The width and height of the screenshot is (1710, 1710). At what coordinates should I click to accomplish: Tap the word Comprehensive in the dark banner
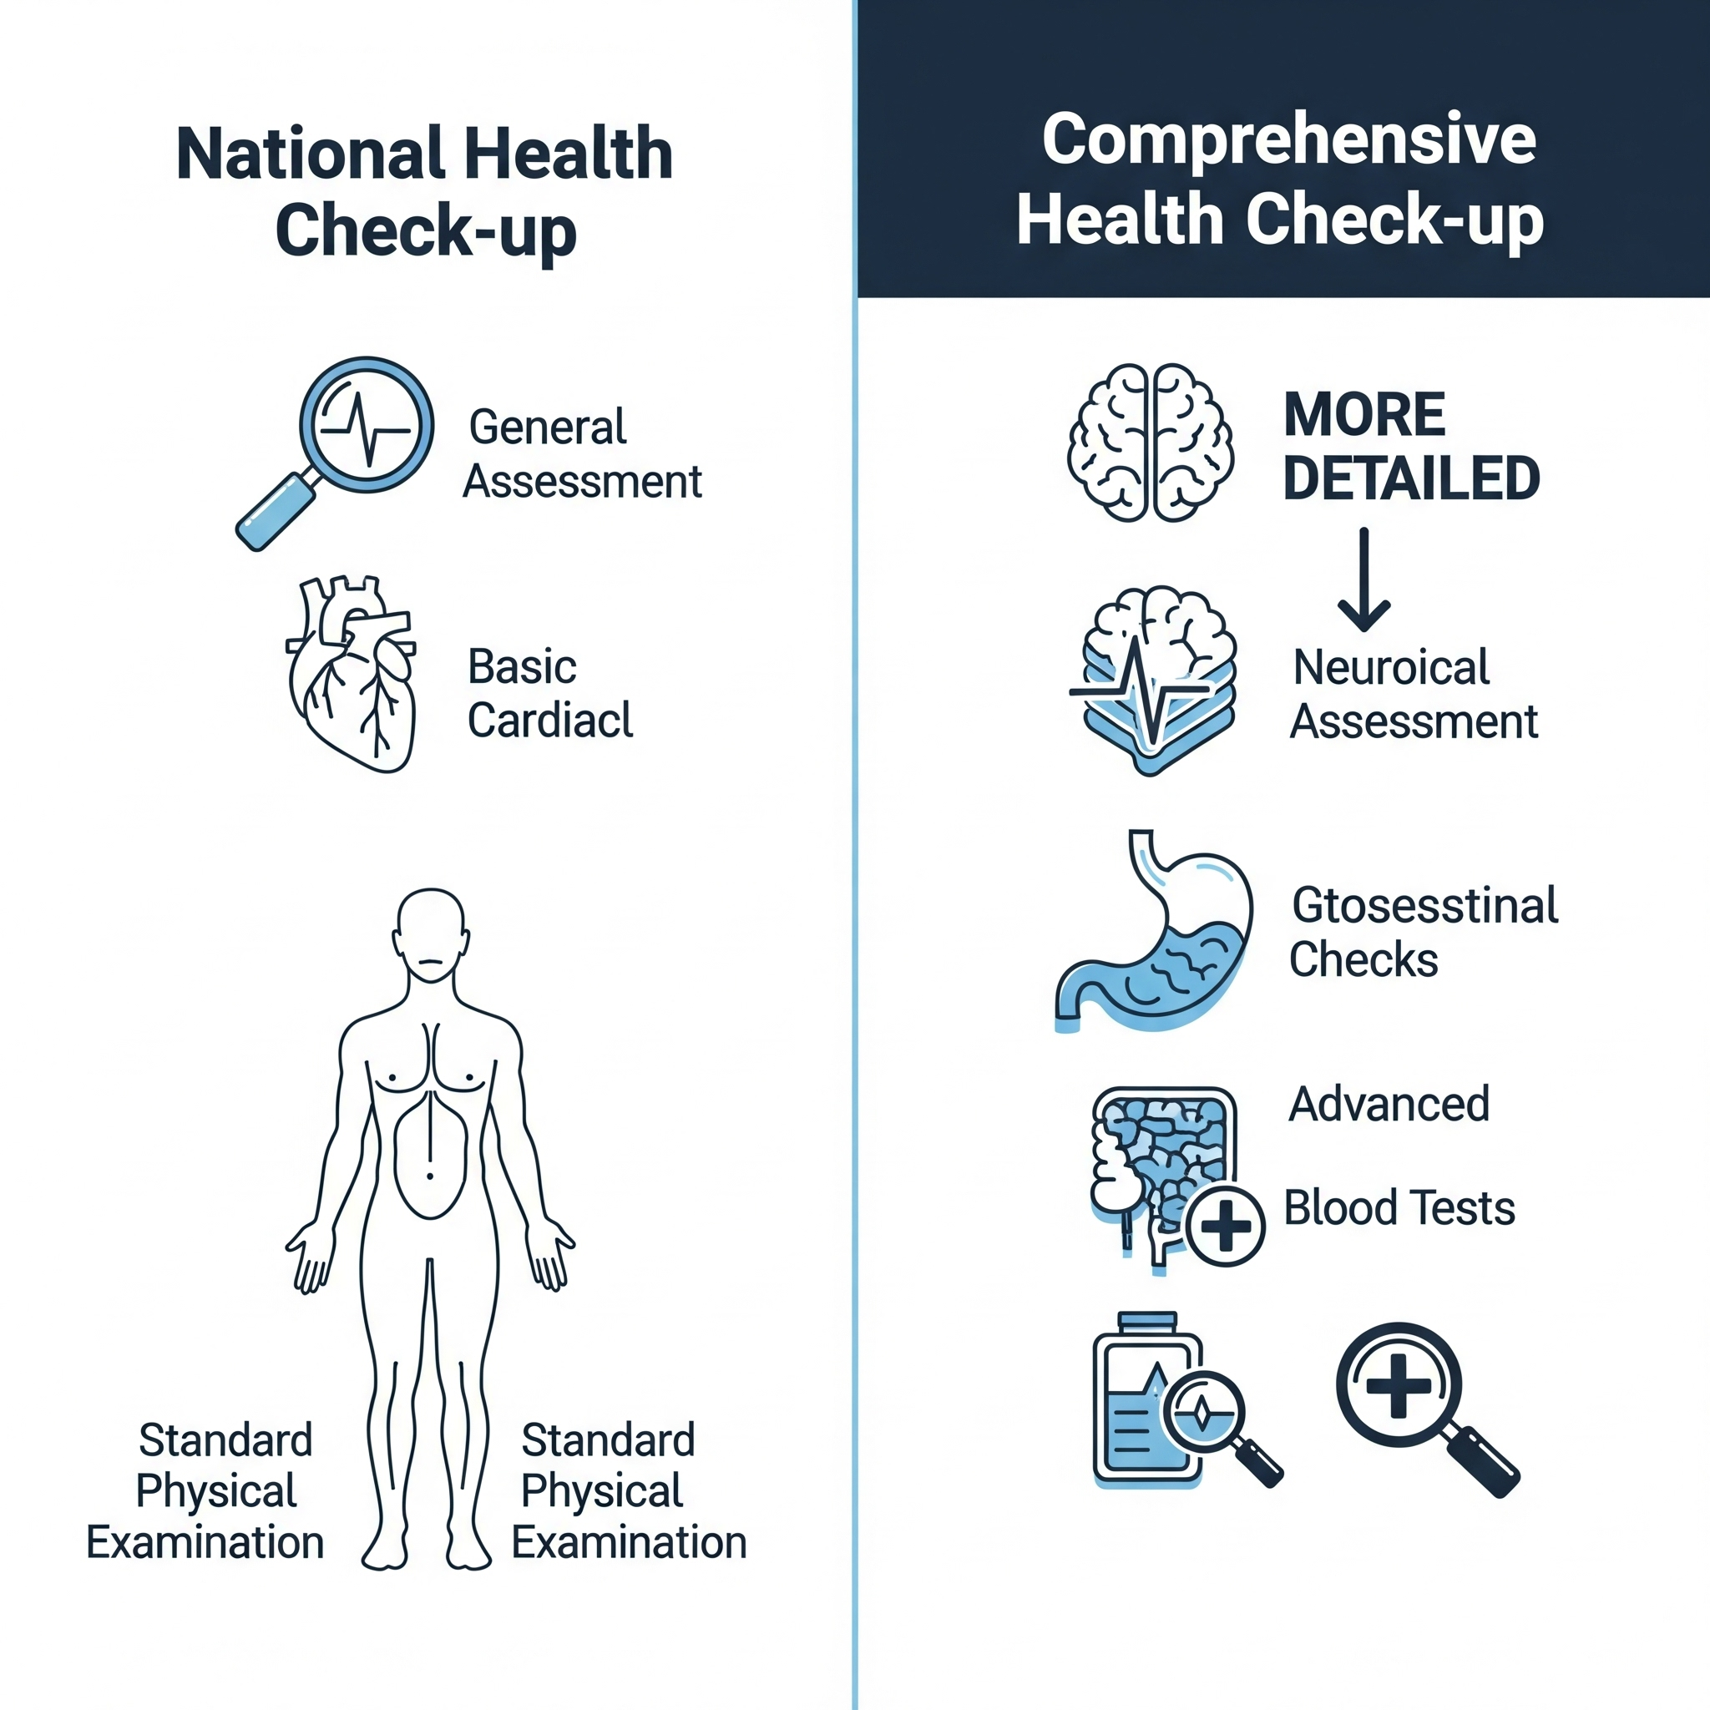click(x=1288, y=139)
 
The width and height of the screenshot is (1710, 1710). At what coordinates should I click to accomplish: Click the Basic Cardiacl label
click(x=549, y=693)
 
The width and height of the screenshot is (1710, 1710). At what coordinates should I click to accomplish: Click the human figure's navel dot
click(x=430, y=1176)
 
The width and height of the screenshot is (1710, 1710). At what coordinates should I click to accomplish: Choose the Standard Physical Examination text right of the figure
click(x=629, y=1491)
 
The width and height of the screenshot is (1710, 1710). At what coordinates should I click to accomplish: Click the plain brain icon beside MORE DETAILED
click(x=1150, y=443)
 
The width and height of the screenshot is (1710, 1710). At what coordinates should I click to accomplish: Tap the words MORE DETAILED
click(x=1411, y=447)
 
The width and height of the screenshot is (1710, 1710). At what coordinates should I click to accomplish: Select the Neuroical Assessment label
click(x=1413, y=695)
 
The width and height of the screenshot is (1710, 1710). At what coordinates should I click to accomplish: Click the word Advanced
click(x=1389, y=1104)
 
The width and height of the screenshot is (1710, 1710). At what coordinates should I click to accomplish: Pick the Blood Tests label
click(x=1399, y=1208)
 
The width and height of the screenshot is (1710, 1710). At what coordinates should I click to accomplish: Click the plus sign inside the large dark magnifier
click(x=1398, y=1385)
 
